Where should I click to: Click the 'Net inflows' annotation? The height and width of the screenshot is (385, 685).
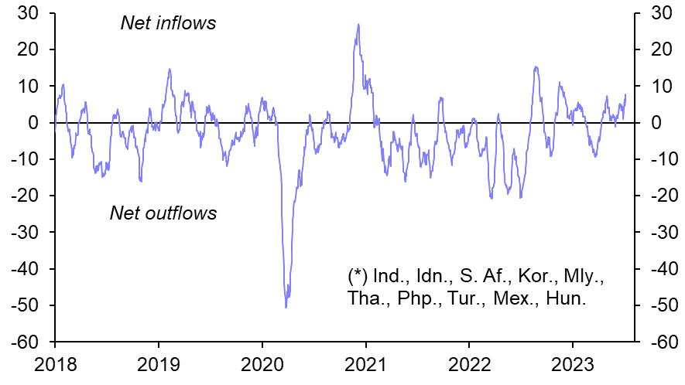point(168,23)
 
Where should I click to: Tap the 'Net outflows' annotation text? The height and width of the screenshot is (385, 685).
point(163,213)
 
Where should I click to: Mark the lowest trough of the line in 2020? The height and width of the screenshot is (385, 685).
point(286,308)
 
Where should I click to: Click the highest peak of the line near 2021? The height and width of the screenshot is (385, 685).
point(358,24)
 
